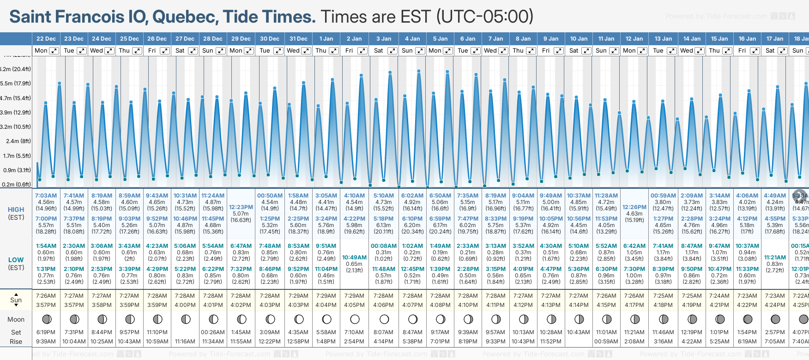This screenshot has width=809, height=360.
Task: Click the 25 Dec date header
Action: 129,39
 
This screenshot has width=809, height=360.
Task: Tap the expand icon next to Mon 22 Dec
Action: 54,51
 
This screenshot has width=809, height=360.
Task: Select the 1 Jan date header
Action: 326,39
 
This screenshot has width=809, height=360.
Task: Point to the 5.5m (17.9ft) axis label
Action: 16,84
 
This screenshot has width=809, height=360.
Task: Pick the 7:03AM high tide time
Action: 46,196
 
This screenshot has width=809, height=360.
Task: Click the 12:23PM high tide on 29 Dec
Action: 241,207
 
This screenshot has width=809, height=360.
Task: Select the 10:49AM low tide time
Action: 354,258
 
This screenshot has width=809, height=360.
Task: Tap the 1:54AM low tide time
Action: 46,246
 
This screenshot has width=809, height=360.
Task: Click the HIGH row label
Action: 16,210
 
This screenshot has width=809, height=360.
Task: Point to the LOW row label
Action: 16,260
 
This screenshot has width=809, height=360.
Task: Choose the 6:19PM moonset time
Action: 46,332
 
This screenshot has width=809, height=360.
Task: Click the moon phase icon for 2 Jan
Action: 355,319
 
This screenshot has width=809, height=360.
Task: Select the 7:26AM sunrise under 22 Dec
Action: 46,296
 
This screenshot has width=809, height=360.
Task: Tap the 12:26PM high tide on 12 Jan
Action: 634,207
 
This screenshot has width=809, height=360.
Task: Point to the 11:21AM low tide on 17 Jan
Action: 775,258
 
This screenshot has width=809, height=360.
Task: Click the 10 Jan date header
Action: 579,39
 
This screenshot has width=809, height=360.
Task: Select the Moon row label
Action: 16,319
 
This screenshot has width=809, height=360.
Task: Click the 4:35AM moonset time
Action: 298,332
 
